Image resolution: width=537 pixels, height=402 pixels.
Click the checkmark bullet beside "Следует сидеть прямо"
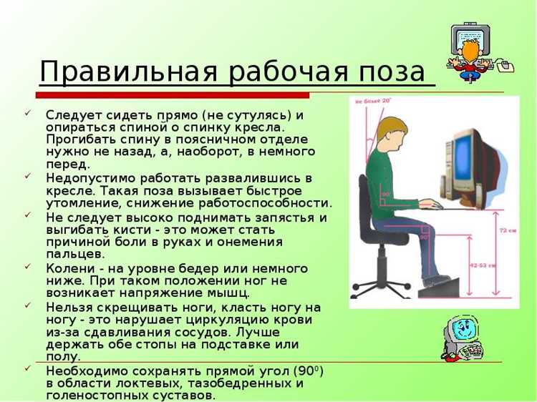(27, 114)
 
